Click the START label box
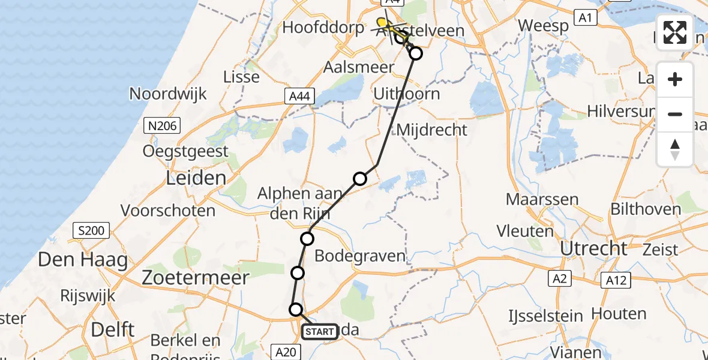point(320,331)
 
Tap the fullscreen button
point(675,32)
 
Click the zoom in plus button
point(675,79)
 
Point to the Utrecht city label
point(593,248)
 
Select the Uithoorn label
point(406,94)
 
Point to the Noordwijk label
point(168,94)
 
